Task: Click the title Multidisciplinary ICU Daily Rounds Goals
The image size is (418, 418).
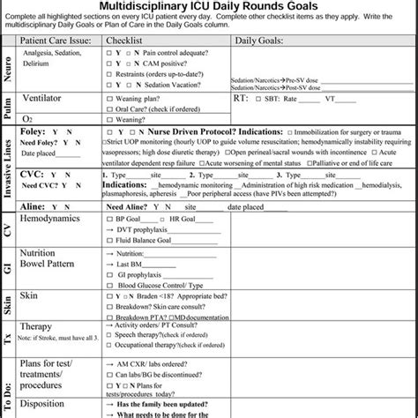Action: pyautogui.click(x=208, y=7)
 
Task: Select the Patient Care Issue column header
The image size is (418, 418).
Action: pyautogui.click(x=62, y=41)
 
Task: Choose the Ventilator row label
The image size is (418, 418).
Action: pyautogui.click(x=48, y=98)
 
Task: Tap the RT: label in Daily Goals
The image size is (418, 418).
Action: pyautogui.click(x=239, y=98)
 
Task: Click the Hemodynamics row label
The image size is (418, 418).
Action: pyautogui.click(x=60, y=217)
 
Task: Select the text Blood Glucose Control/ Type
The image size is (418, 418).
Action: pyautogui.click(x=157, y=286)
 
